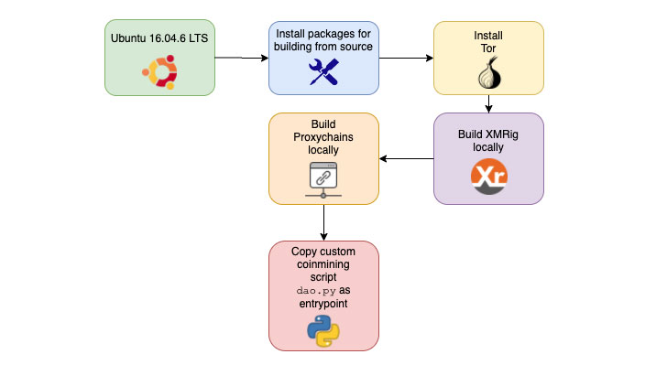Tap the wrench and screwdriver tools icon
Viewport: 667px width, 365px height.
pyautogui.click(x=323, y=71)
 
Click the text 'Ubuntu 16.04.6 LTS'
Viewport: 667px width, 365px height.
pyautogui.click(x=159, y=38)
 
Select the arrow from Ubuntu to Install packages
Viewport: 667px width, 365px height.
pyautogui.click(x=241, y=59)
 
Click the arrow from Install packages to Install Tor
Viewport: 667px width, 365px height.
pyautogui.click(x=406, y=59)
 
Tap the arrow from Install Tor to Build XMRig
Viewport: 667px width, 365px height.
pyautogui.click(x=488, y=103)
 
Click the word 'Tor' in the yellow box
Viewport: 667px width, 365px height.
pyautogui.click(x=488, y=49)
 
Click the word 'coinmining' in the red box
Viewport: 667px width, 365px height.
pyautogui.click(x=323, y=263)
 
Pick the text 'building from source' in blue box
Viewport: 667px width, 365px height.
pyautogui.click(x=323, y=47)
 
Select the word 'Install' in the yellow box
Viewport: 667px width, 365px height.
pyautogui.click(x=488, y=36)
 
